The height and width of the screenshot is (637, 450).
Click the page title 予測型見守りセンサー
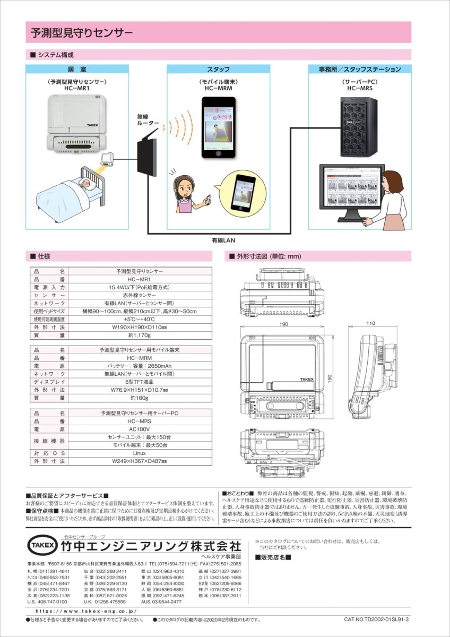(82, 33)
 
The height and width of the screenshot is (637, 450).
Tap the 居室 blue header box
(77, 70)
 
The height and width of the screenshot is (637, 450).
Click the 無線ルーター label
(148, 119)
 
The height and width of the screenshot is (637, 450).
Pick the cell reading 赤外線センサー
(140, 295)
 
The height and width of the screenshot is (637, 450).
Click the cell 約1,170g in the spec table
(140, 335)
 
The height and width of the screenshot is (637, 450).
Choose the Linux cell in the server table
(140, 453)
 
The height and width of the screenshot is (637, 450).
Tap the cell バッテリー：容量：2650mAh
(140, 366)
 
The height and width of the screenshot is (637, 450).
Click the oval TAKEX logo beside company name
(41, 545)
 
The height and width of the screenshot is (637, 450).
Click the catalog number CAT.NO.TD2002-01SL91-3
(376, 619)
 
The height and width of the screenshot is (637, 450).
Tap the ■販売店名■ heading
(273, 557)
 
